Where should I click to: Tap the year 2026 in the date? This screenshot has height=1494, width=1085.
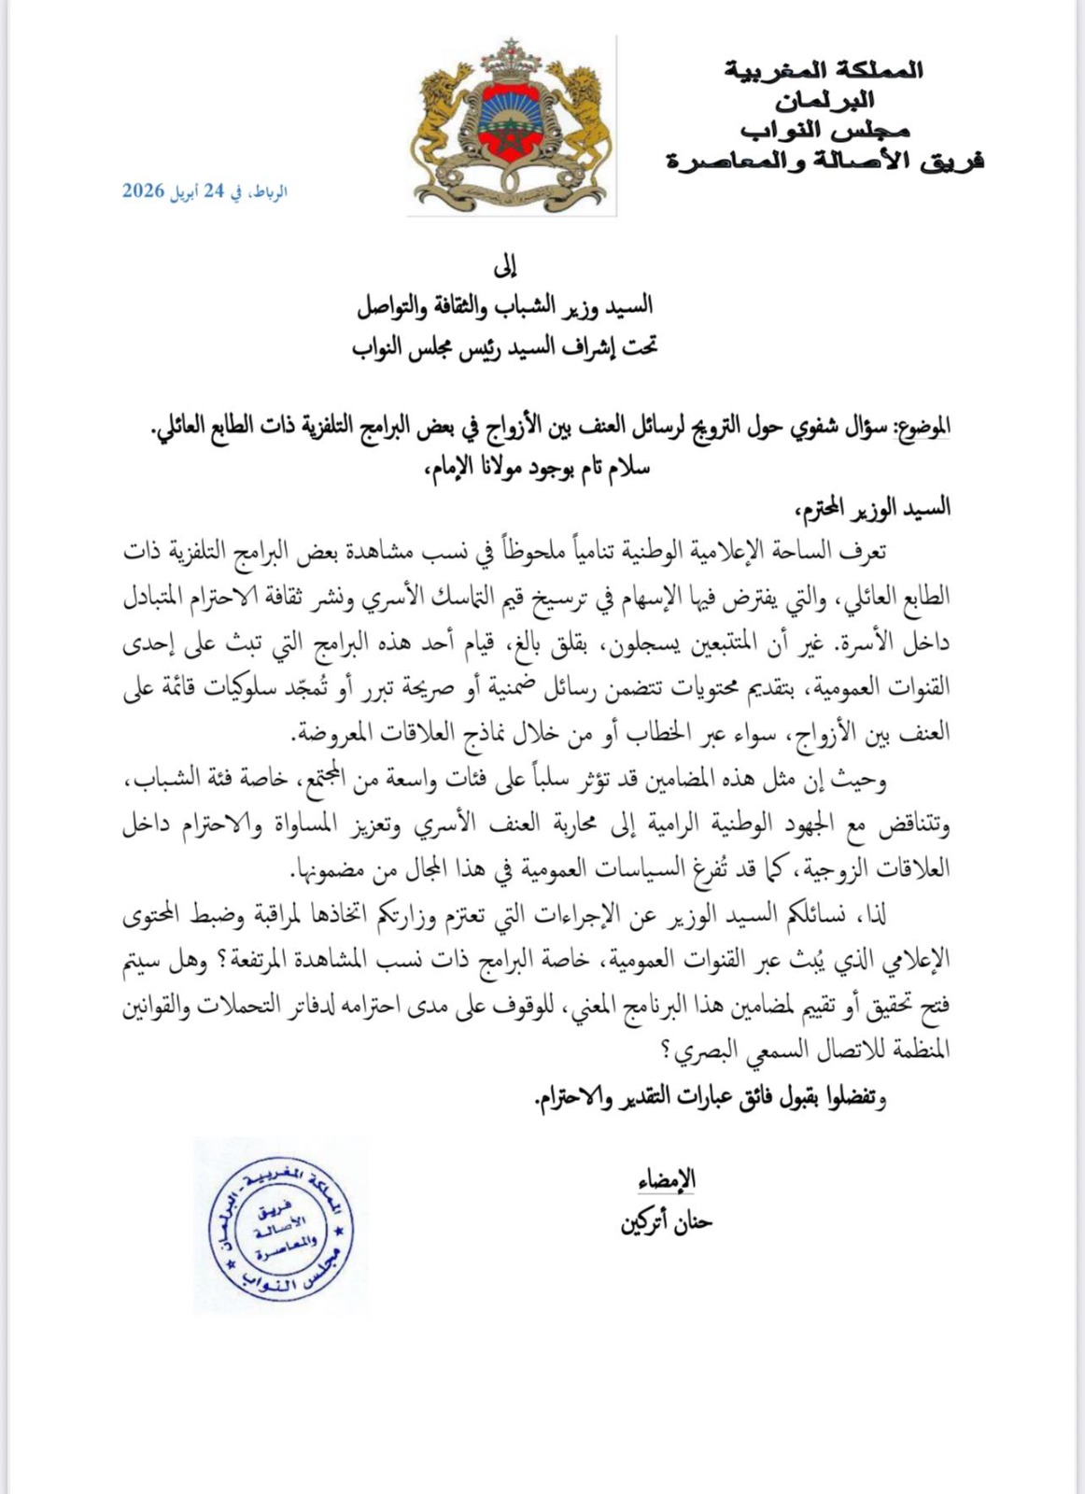(143, 191)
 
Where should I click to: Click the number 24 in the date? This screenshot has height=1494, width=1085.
(214, 191)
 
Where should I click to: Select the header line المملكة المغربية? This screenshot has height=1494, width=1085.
(824, 69)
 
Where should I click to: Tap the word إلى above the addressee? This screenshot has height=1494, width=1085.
(504, 268)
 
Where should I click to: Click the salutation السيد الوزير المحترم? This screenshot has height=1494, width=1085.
(869, 507)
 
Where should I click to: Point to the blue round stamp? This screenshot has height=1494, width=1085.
(281, 1226)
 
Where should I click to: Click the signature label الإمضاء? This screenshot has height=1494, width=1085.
(667, 1180)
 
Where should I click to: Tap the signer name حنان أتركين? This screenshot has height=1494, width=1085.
(667, 1221)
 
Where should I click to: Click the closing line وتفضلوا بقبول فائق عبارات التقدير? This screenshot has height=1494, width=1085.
(710, 1098)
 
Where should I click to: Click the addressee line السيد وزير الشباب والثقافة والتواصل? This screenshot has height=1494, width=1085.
(505, 306)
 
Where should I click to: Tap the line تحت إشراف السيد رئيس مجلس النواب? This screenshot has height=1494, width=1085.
(505, 347)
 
